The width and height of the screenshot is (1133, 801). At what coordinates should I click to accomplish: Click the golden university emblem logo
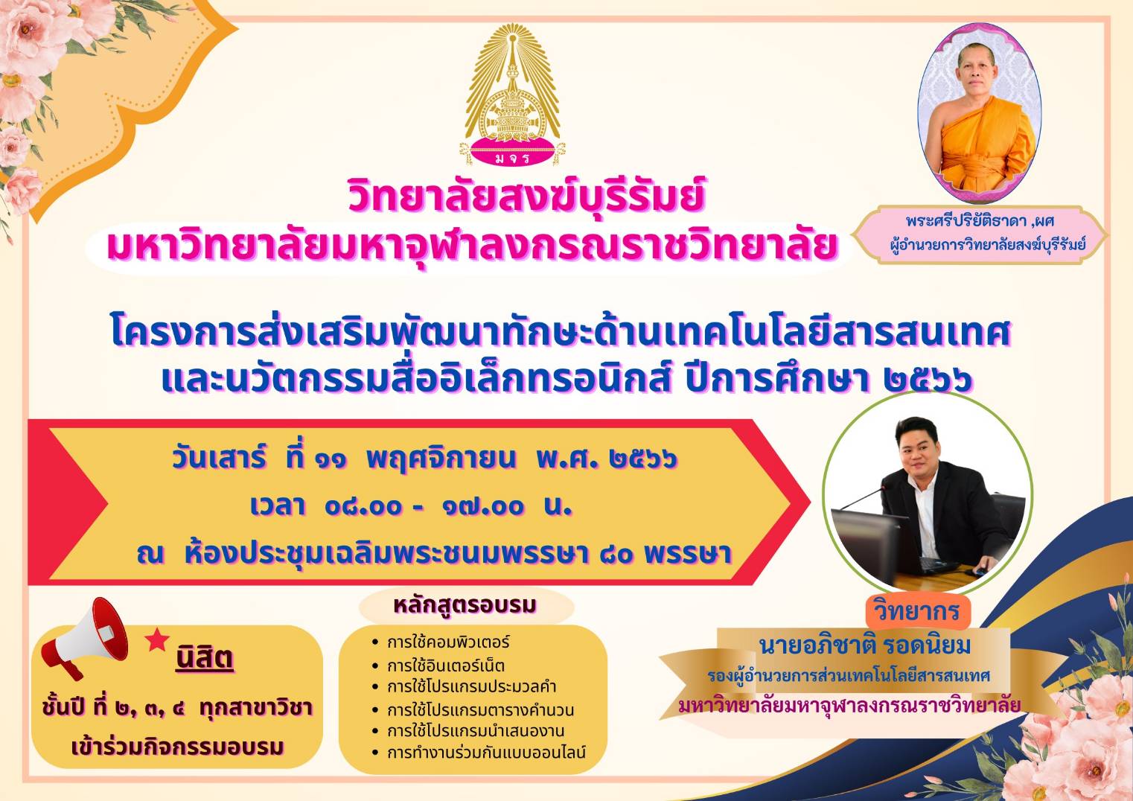click(x=512, y=95)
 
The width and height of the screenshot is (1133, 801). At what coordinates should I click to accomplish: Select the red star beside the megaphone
click(x=157, y=639)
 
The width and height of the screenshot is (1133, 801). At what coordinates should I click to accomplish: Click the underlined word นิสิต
click(x=205, y=657)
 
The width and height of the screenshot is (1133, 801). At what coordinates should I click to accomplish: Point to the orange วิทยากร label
click(x=916, y=610)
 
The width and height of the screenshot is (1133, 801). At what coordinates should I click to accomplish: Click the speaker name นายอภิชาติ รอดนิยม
click(x=865, y=645)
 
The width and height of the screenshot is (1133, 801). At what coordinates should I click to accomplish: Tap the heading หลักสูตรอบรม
click(x=465, y=605)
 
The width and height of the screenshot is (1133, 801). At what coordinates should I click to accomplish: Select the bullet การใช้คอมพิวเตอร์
click(x=448, y=642)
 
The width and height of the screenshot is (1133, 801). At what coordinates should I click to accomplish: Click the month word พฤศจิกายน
click(x=441, y=459)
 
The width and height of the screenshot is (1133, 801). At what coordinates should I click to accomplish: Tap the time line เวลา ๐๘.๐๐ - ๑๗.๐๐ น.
click(x=411, y=506)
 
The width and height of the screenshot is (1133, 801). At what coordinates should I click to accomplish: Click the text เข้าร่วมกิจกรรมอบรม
click(x=178, y=747)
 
